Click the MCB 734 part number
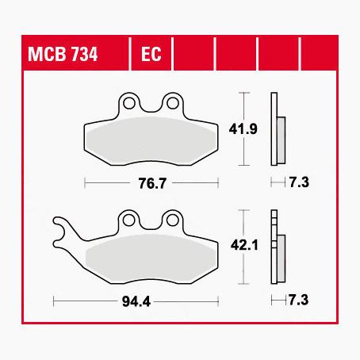coord(63,54)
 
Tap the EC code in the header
coord(151,54)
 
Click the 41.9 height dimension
coord(243,129)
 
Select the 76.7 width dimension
coord(152,183)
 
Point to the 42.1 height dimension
coord(244,245)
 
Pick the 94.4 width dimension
coord(136,301)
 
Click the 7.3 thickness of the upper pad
coord(299,182)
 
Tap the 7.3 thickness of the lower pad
coord(299,300)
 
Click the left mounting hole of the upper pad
coord(129,103)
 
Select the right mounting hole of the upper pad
coord(173,103)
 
